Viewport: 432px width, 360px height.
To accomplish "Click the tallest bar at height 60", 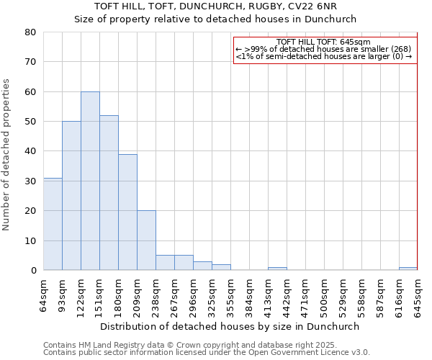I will click(90, 181).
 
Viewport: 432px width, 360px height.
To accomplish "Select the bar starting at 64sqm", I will click(53, 224).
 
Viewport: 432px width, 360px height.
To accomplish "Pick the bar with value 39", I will click(127, 212).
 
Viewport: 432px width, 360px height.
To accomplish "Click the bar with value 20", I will click(146, 240).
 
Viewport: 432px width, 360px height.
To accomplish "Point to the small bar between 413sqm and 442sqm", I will click(277, 269).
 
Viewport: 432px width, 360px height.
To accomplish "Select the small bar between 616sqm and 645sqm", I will click(408, 269).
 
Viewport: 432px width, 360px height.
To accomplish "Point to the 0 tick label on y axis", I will click(32, 271).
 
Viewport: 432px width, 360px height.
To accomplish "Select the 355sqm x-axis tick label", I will click(230, 294).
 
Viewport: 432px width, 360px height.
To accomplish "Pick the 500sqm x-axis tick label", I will click(324, 294).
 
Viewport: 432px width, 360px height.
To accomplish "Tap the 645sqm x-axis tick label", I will click(418, 294).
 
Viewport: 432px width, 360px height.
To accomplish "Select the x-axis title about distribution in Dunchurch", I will click(230, 326).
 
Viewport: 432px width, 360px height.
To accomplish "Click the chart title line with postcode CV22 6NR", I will click(216, 6).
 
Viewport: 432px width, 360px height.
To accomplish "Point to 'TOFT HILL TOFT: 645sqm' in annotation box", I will click(323, 42).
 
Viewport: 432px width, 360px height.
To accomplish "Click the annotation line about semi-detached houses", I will click(323, 56).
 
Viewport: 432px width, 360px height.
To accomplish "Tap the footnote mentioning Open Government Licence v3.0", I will click(207, 353).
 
